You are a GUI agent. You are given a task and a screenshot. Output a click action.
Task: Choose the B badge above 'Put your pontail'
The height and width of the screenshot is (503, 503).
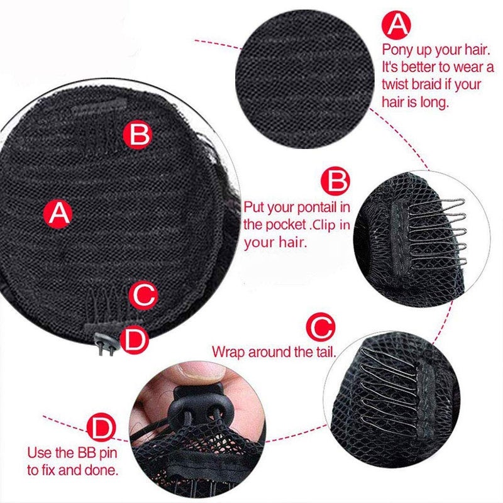point(336,182)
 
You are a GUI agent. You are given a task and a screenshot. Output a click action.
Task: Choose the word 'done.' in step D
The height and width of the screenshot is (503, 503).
point(102,469)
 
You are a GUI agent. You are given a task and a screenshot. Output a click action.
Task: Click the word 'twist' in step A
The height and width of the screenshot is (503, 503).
point(395,84)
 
